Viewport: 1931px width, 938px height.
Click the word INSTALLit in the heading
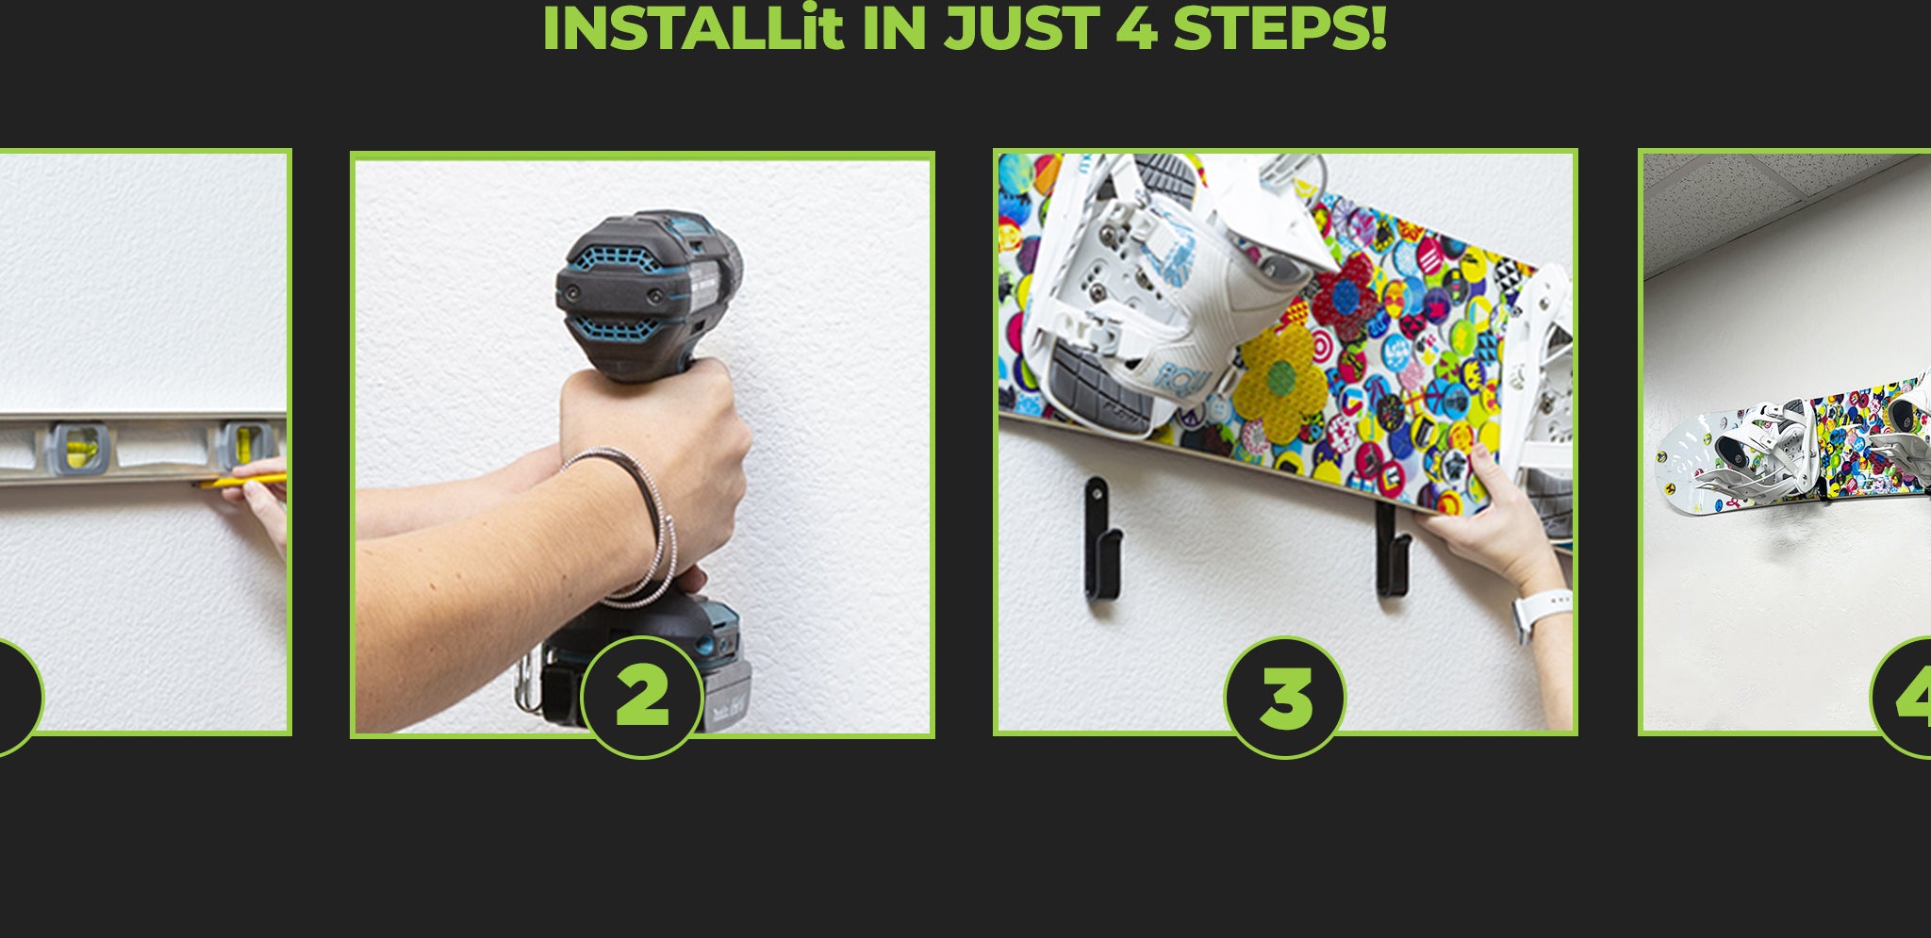692,27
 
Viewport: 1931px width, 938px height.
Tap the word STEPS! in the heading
1279,27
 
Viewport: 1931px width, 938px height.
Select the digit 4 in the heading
1136,27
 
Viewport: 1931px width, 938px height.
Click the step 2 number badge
642,697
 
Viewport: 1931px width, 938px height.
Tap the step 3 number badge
1285,697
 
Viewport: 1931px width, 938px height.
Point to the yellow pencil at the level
241,481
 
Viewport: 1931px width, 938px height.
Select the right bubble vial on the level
245,443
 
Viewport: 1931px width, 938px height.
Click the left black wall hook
1100,538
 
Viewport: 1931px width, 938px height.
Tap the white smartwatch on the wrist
1540,612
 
